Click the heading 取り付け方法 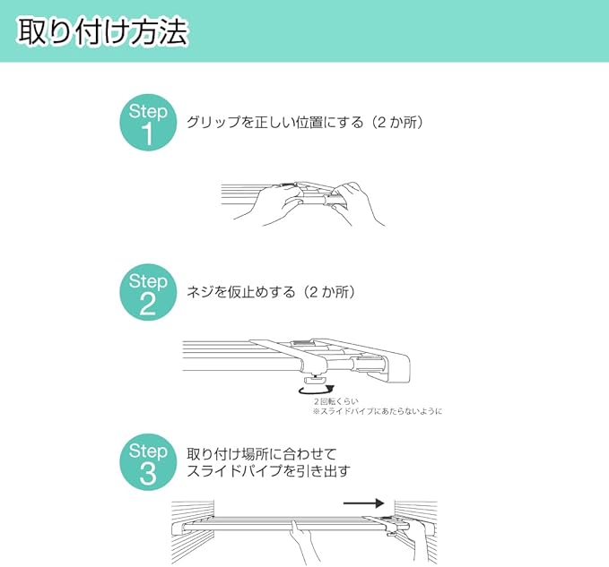coord(101,32)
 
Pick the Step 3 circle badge coord(148,462)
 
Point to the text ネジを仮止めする coord(239,292)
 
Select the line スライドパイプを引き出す coord(267,471)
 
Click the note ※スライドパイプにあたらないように coord(377,411)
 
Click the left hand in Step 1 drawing coord(268,206)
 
